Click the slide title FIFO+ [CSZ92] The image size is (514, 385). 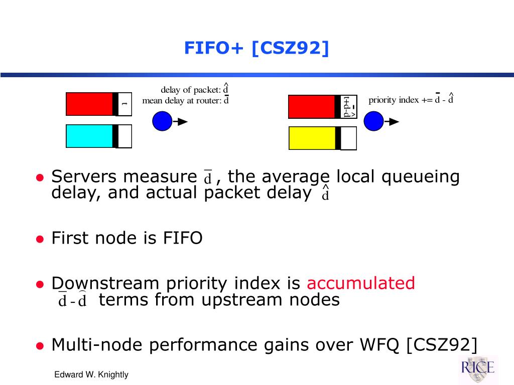click(256, 48)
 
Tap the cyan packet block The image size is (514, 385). click(89, 136)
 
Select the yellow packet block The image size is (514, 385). click(312, 138)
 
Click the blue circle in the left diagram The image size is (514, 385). click(162, 121)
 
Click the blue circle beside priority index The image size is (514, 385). click(373, 121)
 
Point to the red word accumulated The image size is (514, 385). click(360, 283)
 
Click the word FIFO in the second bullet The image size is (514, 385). click(183, 238)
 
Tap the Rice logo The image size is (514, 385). click(478, 368)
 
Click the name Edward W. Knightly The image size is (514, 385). click(91, 374)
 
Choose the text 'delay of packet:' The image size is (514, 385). click(191, 90)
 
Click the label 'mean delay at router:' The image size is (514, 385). click(182, 100)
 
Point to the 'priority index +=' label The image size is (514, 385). click(401, 100)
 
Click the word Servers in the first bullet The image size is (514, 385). click(84, 177)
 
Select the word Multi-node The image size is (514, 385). click(97, 345)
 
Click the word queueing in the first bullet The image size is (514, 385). click(421, 177)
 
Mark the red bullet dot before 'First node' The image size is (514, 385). click(40, 239)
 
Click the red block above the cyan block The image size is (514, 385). click(89, 104)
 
